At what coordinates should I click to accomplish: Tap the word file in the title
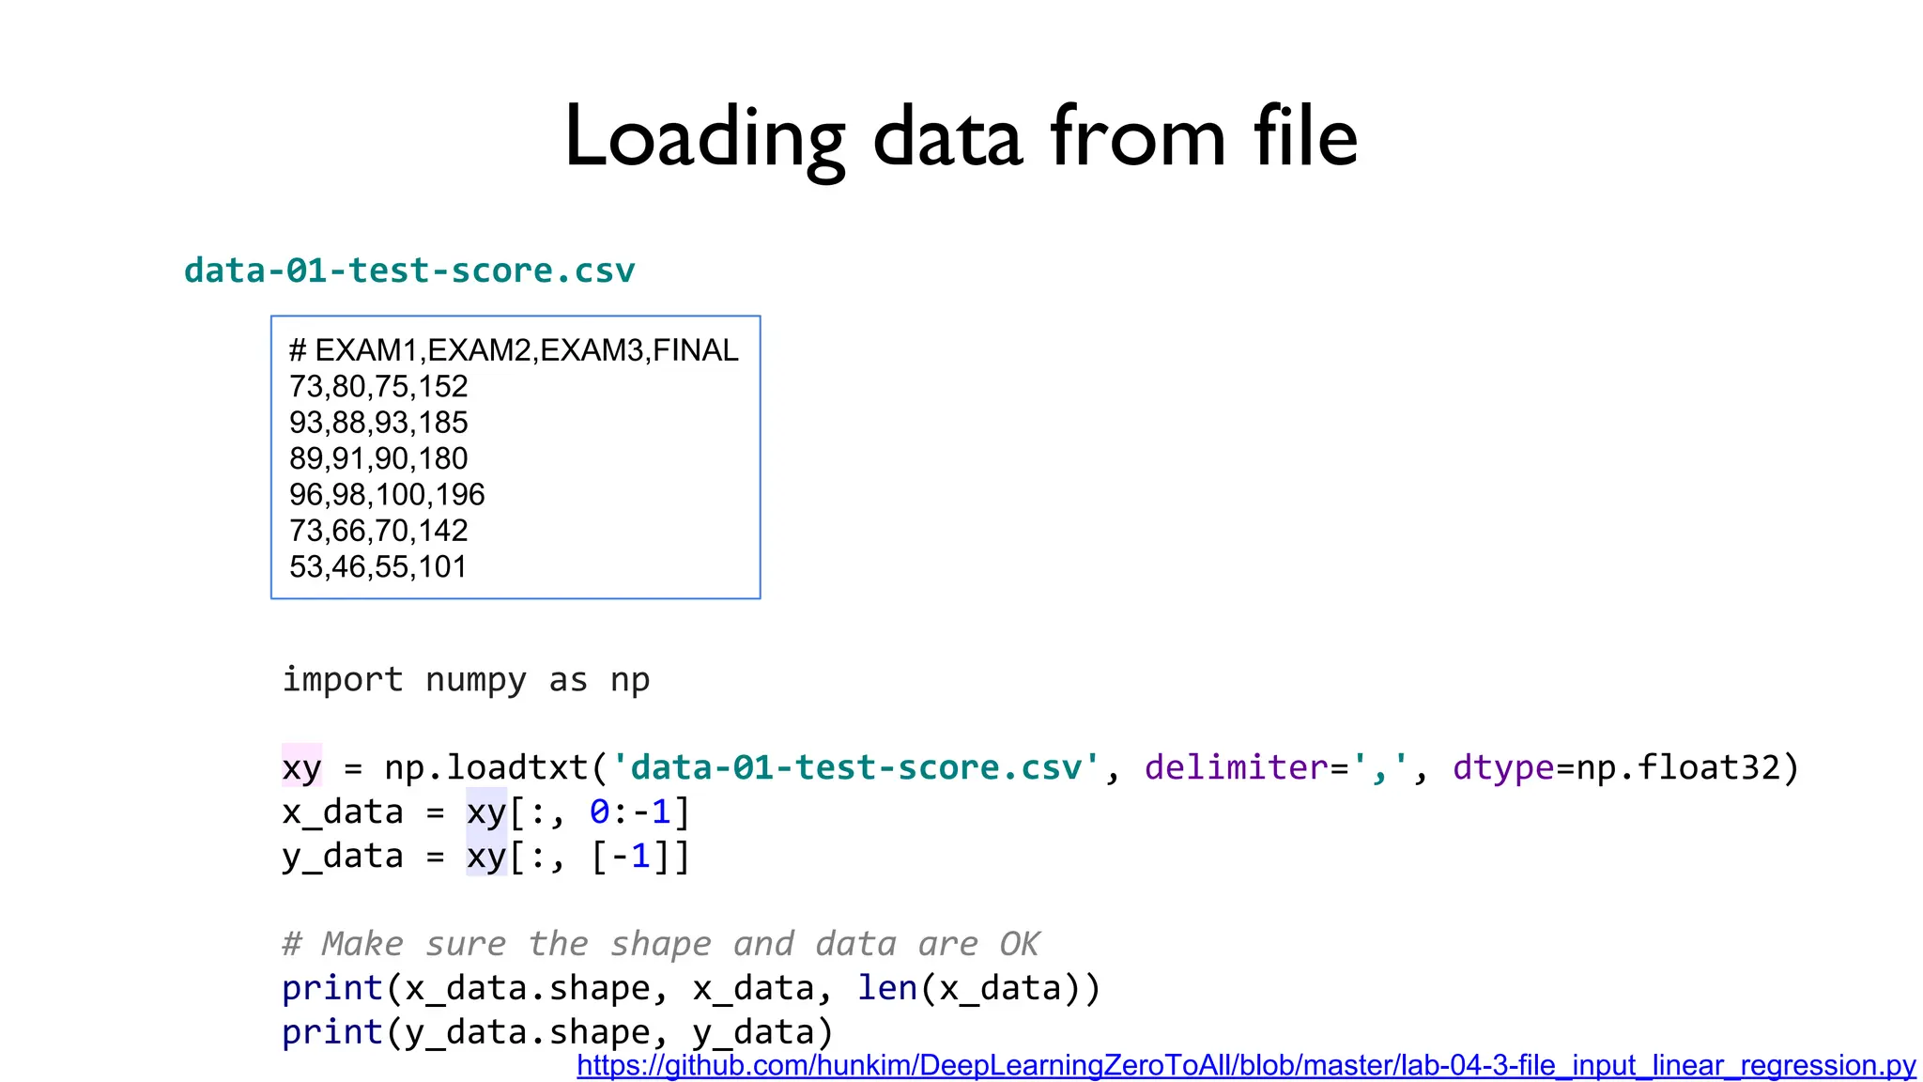point(1305,137)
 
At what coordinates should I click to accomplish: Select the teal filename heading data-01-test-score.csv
point(409,270)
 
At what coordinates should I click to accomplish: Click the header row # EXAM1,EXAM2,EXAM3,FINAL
point(514,350)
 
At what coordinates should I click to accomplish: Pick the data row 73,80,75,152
point(378,386)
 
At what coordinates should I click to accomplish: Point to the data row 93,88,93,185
point(378,423)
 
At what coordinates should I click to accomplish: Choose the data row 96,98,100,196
point(387,495)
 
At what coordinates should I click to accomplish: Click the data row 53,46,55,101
point(377,567)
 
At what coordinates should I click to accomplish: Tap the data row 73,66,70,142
point(378,531)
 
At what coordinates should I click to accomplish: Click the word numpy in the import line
point(475,680)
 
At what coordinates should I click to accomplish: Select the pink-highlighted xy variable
point(301,767)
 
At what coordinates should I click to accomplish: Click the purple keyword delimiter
point(1236,767)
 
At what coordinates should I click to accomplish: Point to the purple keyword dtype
point(1502,767)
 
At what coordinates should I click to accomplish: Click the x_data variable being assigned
point(343,811)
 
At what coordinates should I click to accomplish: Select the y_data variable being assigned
point(343,856)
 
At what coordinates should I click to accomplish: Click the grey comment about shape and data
point(660,944)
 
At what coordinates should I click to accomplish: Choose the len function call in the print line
point(886,988)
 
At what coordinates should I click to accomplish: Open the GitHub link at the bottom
point(1246,1065)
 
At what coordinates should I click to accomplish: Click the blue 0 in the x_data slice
point(599,811)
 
